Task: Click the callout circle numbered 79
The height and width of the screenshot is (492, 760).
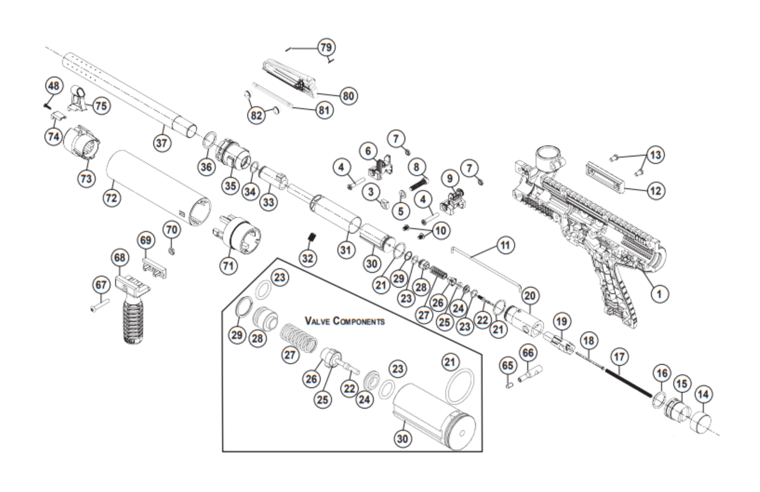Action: click(326, 47)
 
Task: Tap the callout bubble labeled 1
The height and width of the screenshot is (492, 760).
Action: click(659, 294)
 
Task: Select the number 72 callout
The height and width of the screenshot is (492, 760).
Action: click(112, 198)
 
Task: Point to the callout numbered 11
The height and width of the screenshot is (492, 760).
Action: click(505, 245)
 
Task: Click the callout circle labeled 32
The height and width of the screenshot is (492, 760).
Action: click(307, 258)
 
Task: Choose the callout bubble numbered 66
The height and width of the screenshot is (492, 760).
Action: click(528, 353)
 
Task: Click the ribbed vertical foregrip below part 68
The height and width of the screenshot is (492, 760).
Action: click(133, 319)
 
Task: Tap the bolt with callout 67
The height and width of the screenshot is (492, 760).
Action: click(100, 305)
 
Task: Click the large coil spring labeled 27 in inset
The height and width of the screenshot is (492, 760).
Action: click(298, 337)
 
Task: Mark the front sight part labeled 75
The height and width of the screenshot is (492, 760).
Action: click(79, 100)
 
